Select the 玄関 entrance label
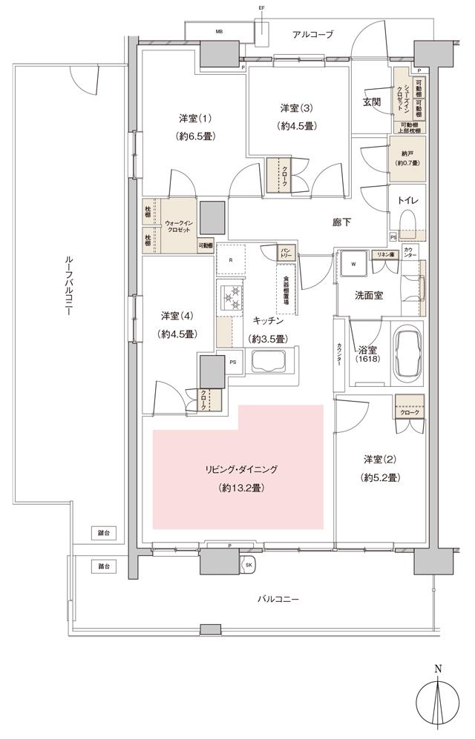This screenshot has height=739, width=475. [x=372, y=102]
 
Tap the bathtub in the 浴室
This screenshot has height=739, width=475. [x=407, y=354]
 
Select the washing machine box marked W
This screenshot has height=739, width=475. [x=353, y=263]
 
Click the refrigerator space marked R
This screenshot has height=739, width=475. [x=231, y=259]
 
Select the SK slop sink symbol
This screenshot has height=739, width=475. [x=248, y=564]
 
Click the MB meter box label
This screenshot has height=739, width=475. [x=219, y=33]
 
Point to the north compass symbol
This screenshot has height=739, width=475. [x=439, y=698]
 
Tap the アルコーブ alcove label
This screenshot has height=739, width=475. [x=312, y=35]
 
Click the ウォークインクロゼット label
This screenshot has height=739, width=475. [x=178, y=227]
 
